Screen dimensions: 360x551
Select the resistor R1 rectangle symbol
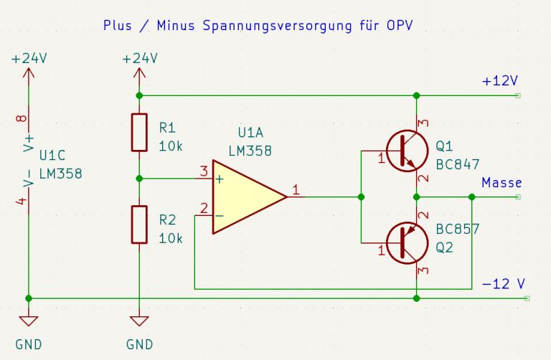139,132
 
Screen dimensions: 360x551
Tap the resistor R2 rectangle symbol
139,223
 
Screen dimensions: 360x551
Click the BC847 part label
457,164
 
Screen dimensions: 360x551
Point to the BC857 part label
457,230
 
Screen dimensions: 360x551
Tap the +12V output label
500,80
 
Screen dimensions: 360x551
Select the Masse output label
501,183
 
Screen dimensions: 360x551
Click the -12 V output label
504,284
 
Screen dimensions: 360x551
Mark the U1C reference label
53,156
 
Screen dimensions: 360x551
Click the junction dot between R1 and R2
139,178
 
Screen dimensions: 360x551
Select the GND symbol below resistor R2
139,323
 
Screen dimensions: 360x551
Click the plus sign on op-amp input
219,179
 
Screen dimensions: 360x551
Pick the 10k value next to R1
171,146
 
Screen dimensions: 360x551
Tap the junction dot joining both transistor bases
361,196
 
